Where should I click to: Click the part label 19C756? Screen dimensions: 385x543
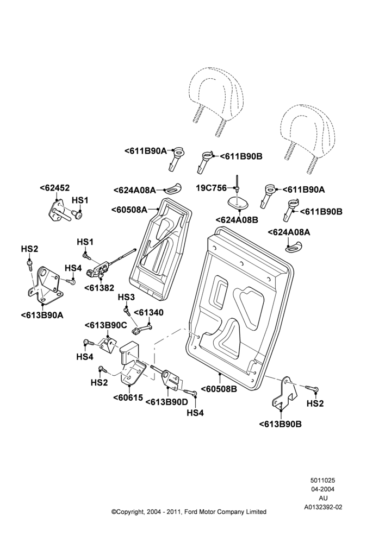[211, 188]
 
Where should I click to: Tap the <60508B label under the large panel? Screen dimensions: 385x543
[219, 389]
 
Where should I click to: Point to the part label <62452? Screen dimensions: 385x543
[54, 188]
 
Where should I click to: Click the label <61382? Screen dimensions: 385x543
[99, 288]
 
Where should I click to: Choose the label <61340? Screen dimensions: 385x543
[148, 313]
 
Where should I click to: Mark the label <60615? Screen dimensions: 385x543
[128, 397]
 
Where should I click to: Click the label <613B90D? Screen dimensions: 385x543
[166, 402]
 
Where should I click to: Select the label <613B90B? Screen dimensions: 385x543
[280, 424]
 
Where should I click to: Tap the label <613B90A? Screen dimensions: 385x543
[42, 315]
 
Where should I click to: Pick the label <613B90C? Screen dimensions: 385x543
[106, 325]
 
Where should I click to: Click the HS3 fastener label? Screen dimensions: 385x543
[126, 297]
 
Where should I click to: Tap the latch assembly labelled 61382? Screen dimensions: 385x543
[99, 269]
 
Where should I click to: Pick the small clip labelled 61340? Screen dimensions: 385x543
[142, 329]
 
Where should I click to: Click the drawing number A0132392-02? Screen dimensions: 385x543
[323, 507]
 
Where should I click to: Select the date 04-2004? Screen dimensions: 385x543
[323, 489]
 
